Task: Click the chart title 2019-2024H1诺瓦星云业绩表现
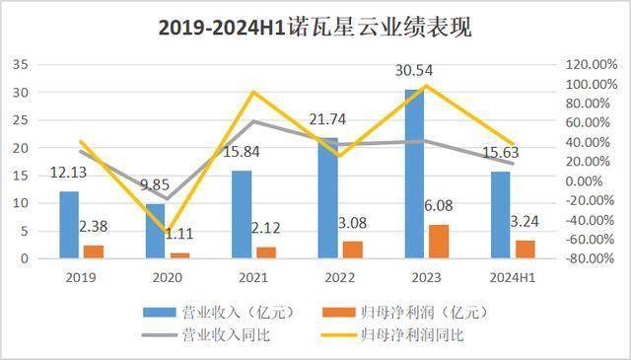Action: point(315,28)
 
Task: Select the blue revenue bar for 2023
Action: point(414,174)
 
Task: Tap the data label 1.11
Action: point(179,233)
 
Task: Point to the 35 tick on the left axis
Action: point(18,64)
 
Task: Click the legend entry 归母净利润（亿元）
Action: point(395,312)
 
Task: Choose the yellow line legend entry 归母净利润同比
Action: point(395,335)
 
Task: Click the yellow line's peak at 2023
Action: point(426,86)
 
